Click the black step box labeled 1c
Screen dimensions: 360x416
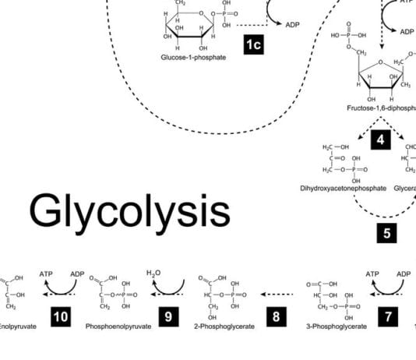(253, 45)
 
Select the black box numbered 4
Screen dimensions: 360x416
(379, 140)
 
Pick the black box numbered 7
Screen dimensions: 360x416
(389, 317)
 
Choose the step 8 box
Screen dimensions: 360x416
(276, 317)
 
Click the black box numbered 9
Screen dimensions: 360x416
(167, 317)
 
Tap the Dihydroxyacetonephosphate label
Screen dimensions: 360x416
(342, 189)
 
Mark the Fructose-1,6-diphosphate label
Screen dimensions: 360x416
(382, 108)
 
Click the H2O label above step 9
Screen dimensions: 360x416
(154, 274)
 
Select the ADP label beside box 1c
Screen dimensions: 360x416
(293, 25)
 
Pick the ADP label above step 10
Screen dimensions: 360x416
(76, 274)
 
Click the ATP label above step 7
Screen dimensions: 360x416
(372, 274)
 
